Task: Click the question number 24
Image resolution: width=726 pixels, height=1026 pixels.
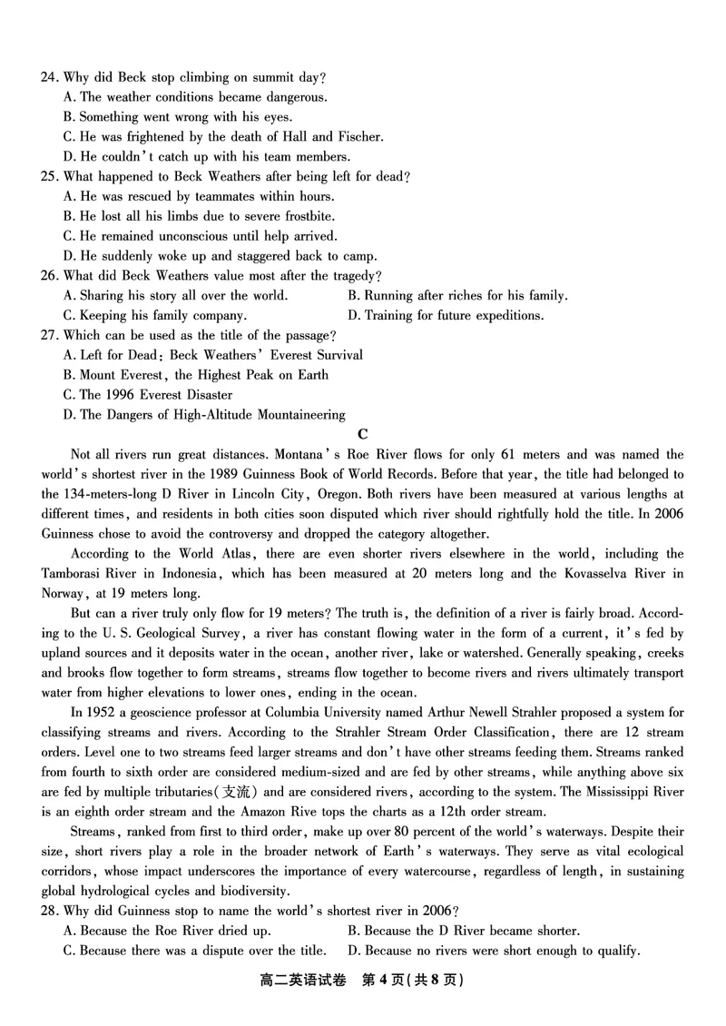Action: (50, 77)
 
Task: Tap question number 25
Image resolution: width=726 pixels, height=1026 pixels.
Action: (50, 177)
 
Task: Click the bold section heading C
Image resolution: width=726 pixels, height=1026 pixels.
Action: (363, 435)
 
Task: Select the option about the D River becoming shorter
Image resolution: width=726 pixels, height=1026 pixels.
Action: (463, 931)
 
